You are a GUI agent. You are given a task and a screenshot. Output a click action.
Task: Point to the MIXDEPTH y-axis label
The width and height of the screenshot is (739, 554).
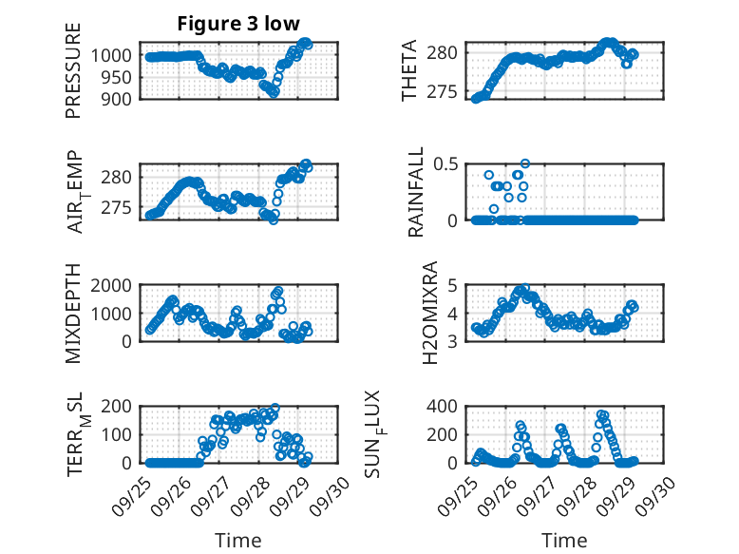pos(74,313)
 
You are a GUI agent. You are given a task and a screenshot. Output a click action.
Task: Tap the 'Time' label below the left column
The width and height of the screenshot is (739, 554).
pos(237,540)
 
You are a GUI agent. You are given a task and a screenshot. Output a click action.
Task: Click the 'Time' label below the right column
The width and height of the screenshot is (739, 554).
pos(564,540)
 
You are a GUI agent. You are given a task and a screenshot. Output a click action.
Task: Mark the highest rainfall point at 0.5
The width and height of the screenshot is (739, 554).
pos(524,163)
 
